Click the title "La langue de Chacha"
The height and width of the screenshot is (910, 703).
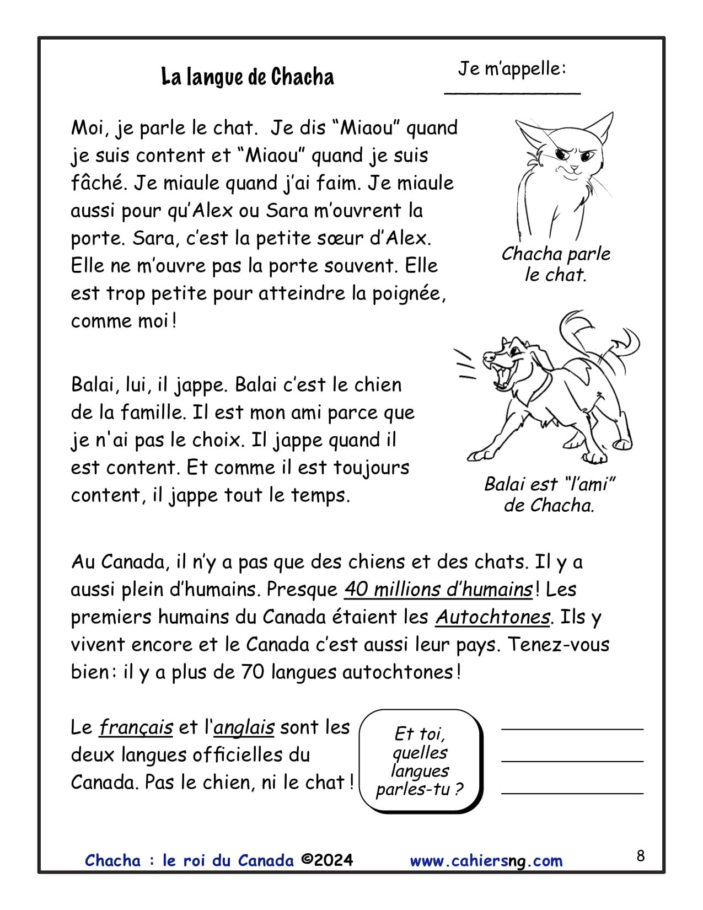[x=248, y=77]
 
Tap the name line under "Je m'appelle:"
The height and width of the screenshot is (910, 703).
[x=512, y=93]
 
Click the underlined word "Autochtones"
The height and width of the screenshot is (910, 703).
[x=492, y=617]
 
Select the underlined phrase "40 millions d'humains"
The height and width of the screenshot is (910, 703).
[x=438, y=590]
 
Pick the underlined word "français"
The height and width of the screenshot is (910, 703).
[x=136, y=727]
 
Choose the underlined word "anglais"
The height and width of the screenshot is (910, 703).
[x=244, y=727]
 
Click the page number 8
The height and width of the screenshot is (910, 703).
[x=640, y=855]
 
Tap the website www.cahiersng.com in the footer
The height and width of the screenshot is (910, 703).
[x=486, y=861]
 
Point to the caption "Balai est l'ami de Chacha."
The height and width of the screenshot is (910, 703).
[x=550, y=495]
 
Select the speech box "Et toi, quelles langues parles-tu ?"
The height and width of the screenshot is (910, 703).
[x=420, y=762]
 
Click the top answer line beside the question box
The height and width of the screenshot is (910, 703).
[x=572, y=729]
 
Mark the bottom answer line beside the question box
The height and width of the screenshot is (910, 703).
[x=572, y=793]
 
